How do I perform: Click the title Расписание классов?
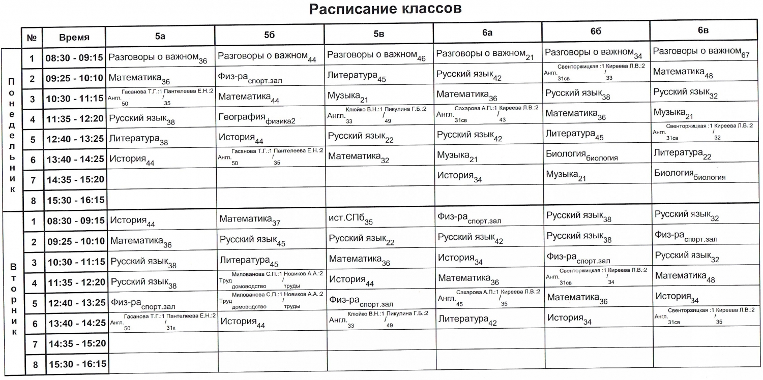[x=385, y=9]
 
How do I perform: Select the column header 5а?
[x=160, y=36]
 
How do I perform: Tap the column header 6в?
[x=703, y=31]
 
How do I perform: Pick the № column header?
[x=32, y=38]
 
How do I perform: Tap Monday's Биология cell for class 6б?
[x=581, y=155]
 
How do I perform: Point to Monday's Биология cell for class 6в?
[x=689, y=174]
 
